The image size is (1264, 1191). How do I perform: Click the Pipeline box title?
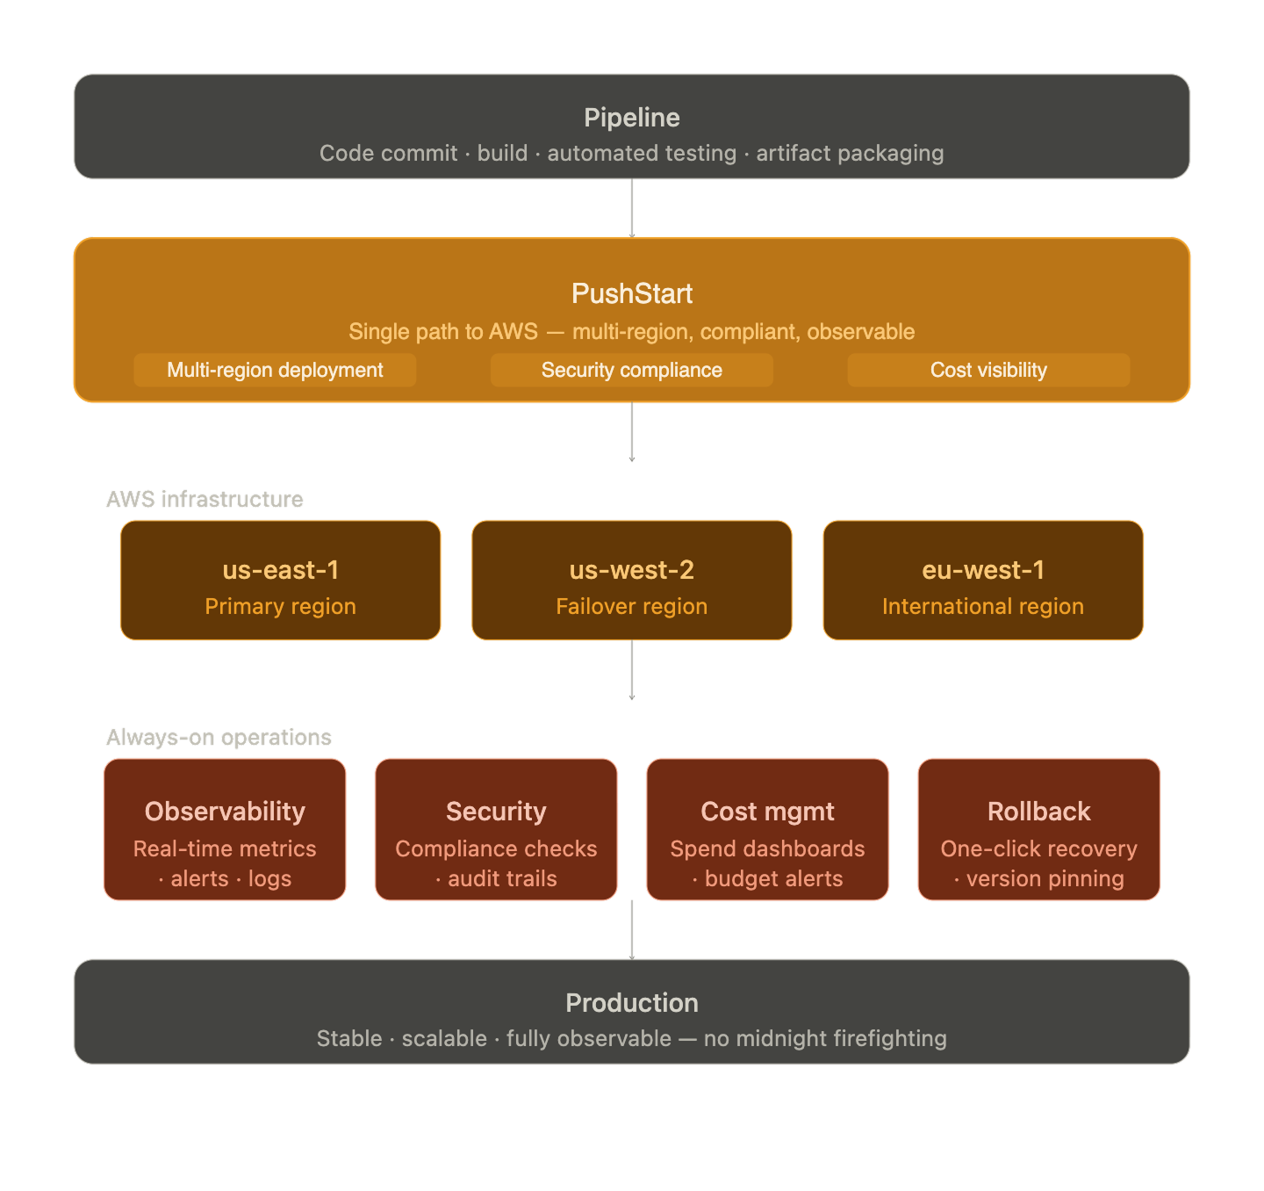pos(631,118)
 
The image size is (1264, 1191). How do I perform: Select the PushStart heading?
pos(632,293)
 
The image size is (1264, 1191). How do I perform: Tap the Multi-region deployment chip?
pos(275,370)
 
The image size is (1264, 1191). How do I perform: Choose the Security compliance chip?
pos(632,370)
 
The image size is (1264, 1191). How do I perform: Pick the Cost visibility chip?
pos(988,370)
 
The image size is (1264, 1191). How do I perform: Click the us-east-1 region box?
pos(281,581)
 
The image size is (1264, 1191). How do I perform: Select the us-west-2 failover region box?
pos(632,581)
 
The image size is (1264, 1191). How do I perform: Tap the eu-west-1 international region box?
pos(983,581)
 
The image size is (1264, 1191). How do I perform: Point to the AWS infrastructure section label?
pos(205,499)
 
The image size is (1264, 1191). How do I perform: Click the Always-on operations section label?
pos(219,737)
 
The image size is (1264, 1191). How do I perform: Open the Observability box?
pos(225,830)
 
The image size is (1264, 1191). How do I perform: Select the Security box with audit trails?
pos(496,830)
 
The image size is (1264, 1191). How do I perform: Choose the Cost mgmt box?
pos(767,830)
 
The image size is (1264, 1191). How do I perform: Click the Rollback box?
pos(1038,830)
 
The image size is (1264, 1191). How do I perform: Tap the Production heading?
pos(632,1003)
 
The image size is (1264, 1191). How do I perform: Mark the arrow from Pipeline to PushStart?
pos(632,208)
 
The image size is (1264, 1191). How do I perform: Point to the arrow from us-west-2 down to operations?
pos(632,670)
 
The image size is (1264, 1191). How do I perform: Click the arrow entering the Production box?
pos(632,930)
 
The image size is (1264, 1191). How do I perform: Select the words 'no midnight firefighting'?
pos(825,1038)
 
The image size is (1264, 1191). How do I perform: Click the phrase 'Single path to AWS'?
pos(443,331)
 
